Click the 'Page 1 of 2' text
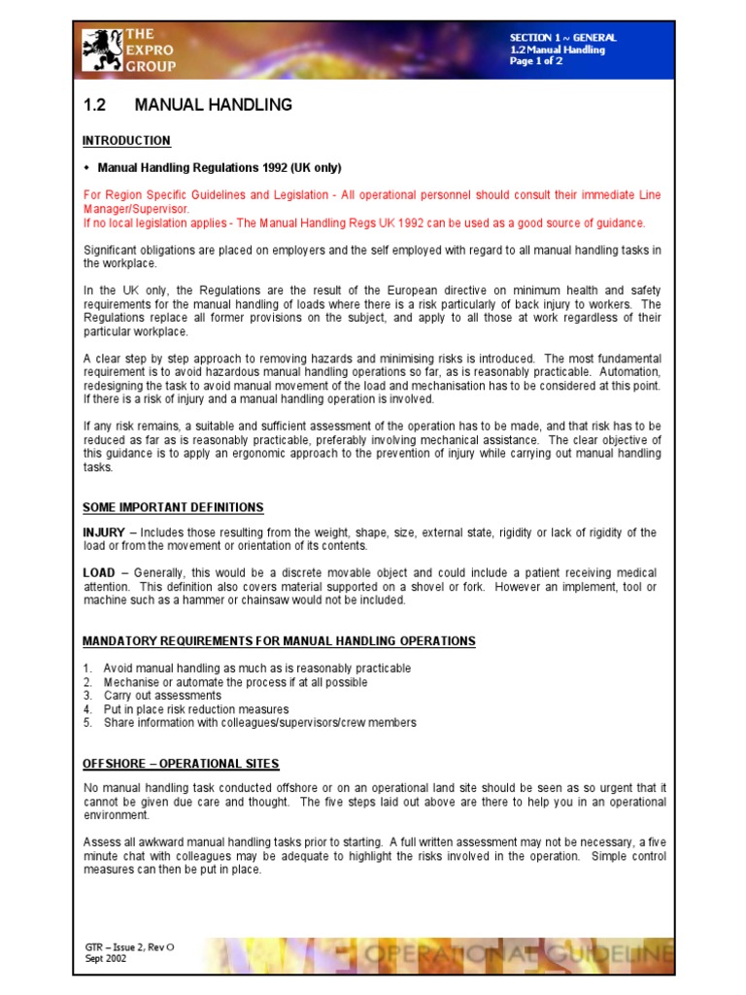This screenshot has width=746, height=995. tap(536, 61)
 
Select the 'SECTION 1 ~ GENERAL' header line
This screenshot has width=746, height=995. tap(562, 38)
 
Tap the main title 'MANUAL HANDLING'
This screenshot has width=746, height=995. tap(213, 105)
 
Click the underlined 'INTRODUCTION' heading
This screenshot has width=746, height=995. tap(126, 141)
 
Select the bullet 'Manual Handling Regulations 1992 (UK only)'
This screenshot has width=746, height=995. tap(220, 167)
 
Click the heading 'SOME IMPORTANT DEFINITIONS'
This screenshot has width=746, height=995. tap(173, 507)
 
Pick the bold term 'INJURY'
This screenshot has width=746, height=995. tap(103, 532)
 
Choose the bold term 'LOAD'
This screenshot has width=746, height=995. tap(99, 573)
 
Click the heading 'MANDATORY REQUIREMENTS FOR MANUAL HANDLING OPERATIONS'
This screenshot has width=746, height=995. tap(279, 641)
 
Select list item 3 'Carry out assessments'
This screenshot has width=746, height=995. tap(162, 696)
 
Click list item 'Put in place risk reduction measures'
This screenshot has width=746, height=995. tap(196, 709)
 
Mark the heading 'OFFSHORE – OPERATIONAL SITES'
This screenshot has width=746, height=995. tap(181, 764)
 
